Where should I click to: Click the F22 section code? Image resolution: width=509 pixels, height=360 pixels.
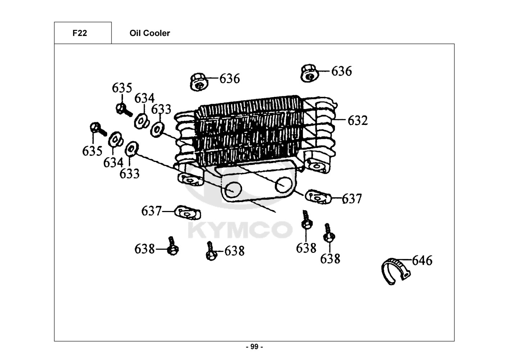79,33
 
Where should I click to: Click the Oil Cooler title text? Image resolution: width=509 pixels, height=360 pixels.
150,33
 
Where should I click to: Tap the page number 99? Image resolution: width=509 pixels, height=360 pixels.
255,347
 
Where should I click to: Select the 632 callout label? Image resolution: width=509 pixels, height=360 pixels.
358,120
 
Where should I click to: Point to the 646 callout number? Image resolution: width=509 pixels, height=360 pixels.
422,261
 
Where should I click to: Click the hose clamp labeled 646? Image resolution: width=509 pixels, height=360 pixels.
396,271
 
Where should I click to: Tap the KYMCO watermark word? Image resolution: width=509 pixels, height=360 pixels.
240,230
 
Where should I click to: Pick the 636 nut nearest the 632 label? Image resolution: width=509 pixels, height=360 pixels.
309,73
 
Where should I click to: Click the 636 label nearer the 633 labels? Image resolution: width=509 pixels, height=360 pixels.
229,79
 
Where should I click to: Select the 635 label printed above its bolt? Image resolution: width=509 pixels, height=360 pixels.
122,88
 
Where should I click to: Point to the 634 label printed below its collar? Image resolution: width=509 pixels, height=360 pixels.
113,163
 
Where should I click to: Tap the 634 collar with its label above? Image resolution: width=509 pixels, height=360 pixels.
142,121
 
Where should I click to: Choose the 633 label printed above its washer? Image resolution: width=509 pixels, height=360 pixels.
161,109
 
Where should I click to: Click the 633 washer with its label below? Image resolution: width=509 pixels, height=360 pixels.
132,149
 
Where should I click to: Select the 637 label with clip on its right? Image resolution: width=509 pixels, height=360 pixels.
151,211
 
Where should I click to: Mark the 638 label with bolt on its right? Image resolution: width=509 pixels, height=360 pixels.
145,249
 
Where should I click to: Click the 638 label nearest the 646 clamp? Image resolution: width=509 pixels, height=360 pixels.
330,259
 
